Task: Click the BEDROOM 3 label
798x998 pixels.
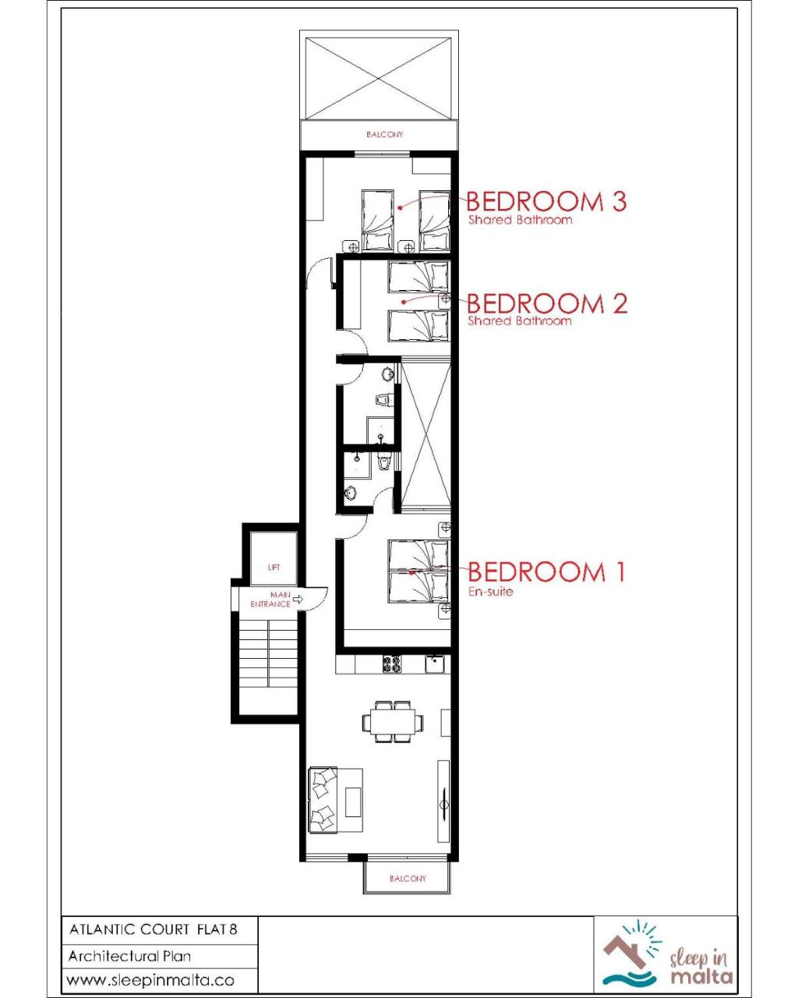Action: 546,201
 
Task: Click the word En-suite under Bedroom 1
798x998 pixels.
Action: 491,591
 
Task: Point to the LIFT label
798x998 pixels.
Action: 274,567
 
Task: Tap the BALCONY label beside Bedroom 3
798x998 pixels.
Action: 384,134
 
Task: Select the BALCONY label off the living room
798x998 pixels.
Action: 408,879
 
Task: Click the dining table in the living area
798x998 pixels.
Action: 392,722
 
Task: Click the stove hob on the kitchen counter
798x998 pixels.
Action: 392,664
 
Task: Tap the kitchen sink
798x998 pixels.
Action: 435,664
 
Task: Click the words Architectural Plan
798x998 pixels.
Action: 129,956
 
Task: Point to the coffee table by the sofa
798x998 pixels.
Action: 352,802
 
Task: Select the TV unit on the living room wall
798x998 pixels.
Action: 443,801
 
